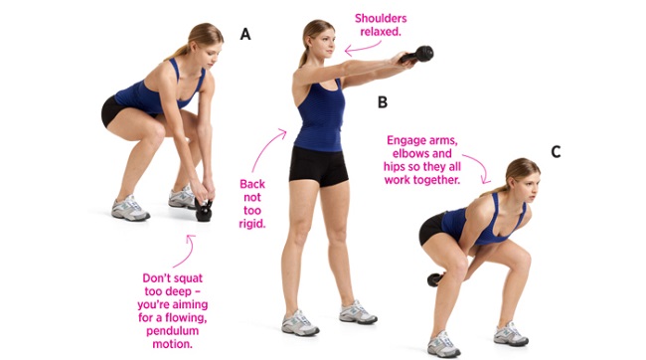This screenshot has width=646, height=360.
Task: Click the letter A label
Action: (x=245, y=34)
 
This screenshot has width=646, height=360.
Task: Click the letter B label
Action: (x=382, y=101)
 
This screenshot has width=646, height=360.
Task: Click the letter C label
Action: (x=556, y=151)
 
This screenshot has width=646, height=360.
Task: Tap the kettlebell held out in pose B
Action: (x=422, y=55)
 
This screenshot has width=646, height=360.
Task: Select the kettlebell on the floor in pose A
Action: (x=204, y=210)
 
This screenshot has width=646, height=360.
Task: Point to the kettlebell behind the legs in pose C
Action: (x=434, y=279)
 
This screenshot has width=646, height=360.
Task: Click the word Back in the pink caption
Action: (x=252, y=184)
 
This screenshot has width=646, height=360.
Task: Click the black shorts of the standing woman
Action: (x=318, y=165)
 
